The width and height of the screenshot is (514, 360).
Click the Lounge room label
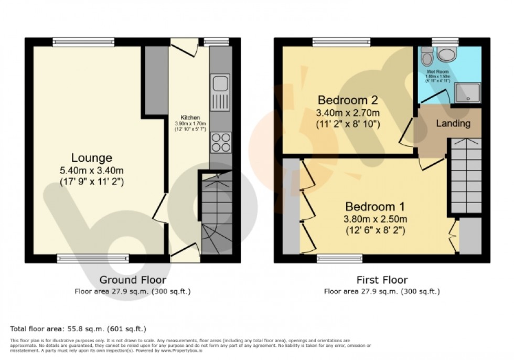[92, 157]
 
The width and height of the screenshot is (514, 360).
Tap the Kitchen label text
[188, 117]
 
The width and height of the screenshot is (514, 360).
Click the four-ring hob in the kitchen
[219, 140]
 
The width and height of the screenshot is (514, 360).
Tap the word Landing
[453, 124]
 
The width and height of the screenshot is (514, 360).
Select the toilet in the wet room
[427, 55]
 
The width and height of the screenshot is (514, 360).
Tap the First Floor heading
[381, 280]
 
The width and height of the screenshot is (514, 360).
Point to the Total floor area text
[78, 329]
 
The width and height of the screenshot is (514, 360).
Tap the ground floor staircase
[216, 215]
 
